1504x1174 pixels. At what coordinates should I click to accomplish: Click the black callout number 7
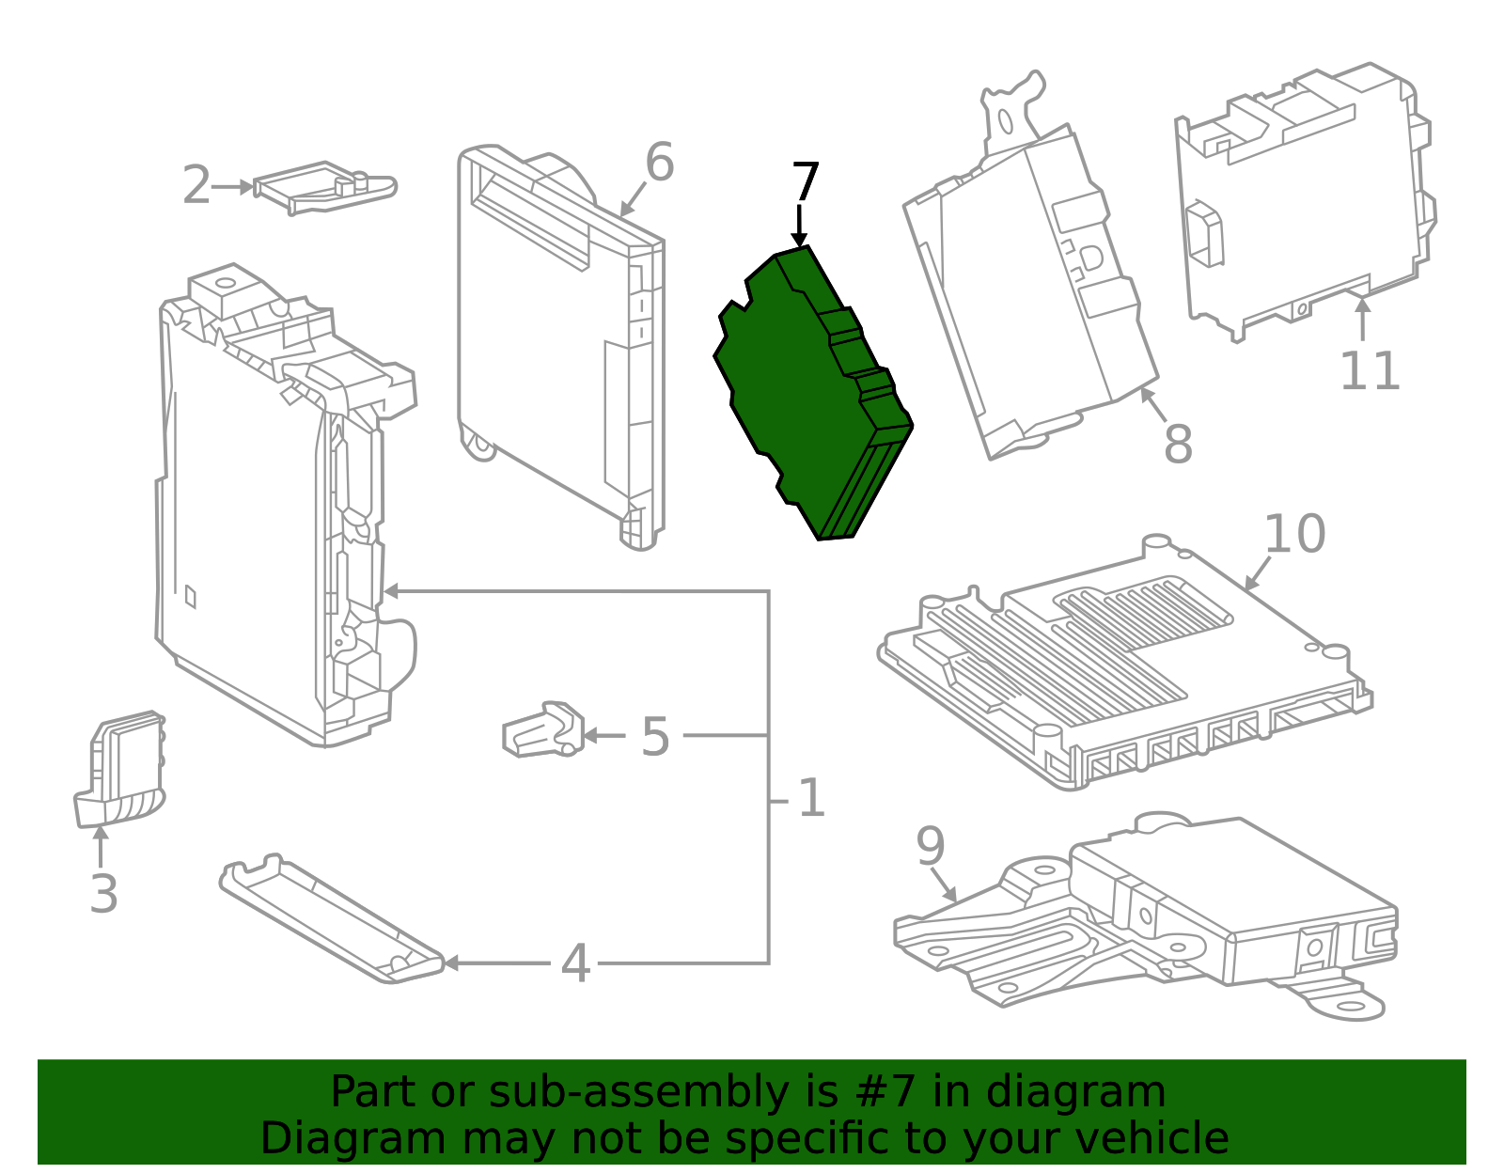point(806,182)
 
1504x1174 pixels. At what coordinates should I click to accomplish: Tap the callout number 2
point(196,185)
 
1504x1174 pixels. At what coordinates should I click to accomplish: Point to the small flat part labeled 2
point(324,188)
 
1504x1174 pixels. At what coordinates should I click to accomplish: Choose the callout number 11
point(1371,370)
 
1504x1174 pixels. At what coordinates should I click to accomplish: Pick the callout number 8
point(1179,444)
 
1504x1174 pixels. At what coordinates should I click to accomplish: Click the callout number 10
point(1294,534)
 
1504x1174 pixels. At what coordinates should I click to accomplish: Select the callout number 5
point(655,737)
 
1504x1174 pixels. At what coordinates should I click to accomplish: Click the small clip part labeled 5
point(543,729)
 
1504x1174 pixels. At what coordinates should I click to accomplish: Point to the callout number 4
point(575,963)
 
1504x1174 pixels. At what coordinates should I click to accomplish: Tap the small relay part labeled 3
point(119,769)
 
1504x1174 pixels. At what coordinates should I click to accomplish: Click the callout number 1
point(811,798)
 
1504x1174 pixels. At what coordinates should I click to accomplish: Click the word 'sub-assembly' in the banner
point(639,1091)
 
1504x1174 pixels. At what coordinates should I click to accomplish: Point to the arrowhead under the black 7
point(799,240)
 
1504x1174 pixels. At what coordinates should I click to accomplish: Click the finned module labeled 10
point(1125,663)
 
